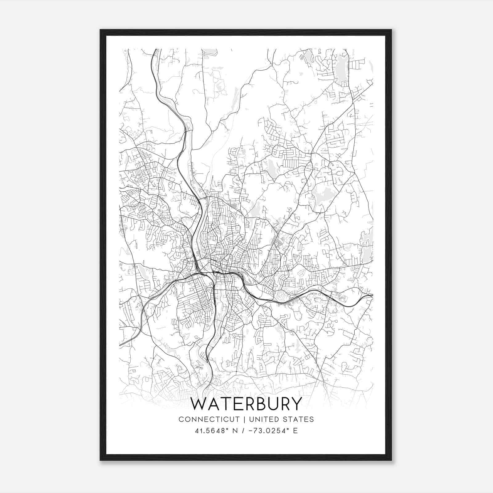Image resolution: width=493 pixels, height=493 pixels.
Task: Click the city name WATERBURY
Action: coord(246,404)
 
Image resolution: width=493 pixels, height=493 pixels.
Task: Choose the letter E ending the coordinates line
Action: coord(295,431)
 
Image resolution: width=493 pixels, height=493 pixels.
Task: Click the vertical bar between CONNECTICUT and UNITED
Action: coord(244,419)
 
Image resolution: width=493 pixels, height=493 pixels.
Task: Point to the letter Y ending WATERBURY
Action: coord(296,404)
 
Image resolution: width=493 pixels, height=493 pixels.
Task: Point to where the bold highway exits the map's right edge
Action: coord(372,295)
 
